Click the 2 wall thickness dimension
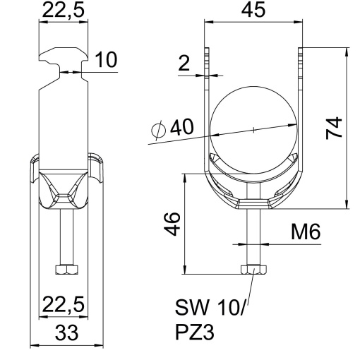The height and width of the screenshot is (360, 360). [184, 65]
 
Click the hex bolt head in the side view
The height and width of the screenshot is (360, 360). [66, 269]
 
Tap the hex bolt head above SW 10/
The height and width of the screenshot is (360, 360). [252, 269]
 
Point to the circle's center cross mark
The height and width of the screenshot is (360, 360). [252, 129]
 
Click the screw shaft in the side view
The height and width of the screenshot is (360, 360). [66, 236]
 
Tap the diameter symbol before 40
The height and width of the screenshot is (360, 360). [160, 129]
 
